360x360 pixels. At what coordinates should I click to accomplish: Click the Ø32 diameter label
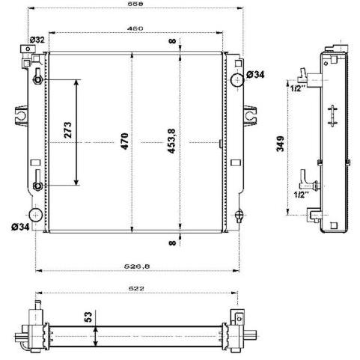pyautogui.click(x=37, y=40)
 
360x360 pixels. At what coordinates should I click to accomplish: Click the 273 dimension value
pyautogui.click(x=67, y=129)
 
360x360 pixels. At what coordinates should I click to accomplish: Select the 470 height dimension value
pyautogui.click(x=125, y=141)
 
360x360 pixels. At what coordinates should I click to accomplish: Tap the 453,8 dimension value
pyautogui.click(x=171, y=141)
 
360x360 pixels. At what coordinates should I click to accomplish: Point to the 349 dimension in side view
pyautogui.click(x=281, y=144)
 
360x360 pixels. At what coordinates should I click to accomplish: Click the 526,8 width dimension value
pyautogui.click(x=137, y=266)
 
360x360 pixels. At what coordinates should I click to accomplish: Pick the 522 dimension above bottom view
pyautogui.click(x=136, y=288)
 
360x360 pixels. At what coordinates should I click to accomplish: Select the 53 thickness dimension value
pyautogui.click(x=88, y=317)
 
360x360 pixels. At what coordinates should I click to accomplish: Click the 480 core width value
pyautogui.click(x=135, y=28)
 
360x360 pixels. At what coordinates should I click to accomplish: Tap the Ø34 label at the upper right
pyautogui.click(x=255, y=74)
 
